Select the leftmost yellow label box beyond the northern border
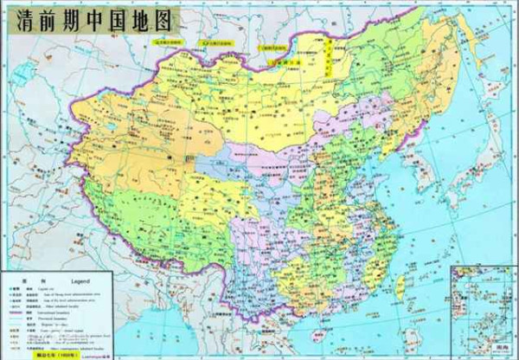pos(169,41)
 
